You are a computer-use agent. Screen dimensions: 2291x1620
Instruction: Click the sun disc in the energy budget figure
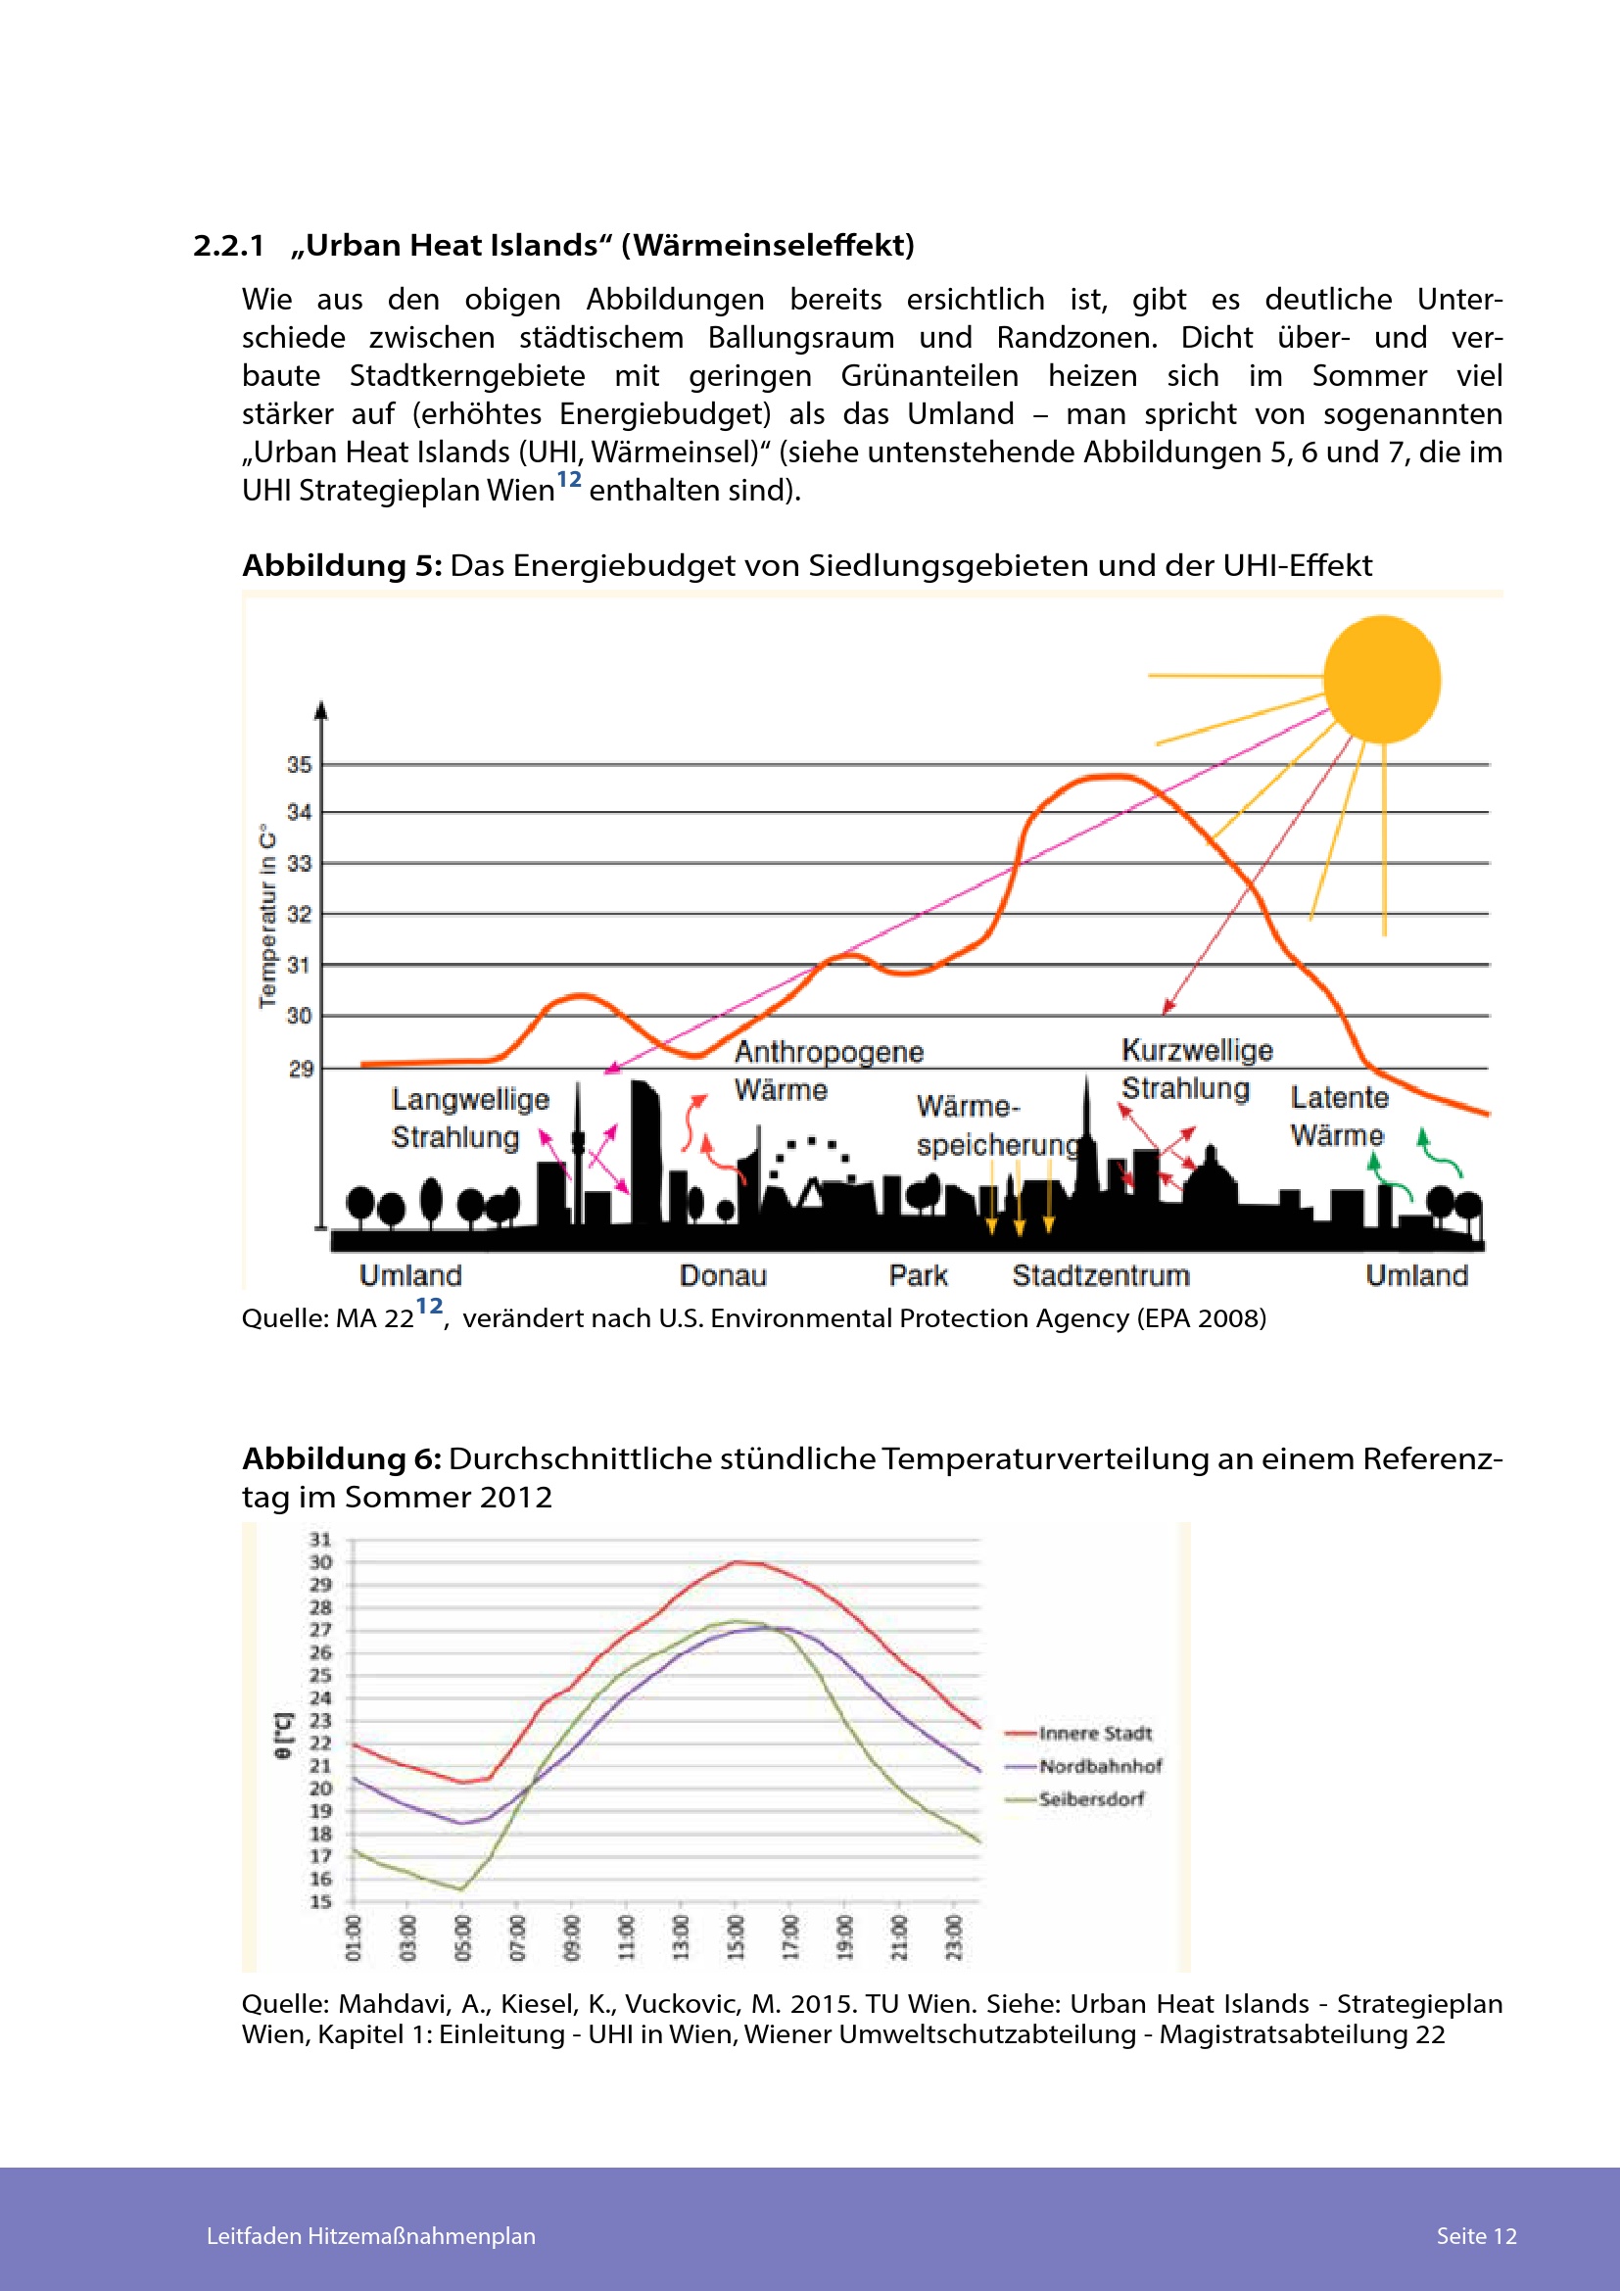pyautogui.click(x=1382, y=680)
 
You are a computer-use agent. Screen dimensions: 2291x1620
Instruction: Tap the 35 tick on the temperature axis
pyautogui.click(x=300, y=765)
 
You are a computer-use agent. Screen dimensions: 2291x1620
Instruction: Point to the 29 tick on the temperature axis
pyautogui.click(x=301, y=1070)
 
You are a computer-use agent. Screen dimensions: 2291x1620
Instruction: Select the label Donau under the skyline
pyautogui.click(x=723, y=1275)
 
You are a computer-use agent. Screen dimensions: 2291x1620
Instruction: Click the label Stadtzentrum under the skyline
pyautogui.click(x=1100, y=1275)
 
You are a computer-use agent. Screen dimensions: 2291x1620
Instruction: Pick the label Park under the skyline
pyautogui.click(x=918, y=1275)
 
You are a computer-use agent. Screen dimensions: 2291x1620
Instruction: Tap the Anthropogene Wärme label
pyautogui.click(x=829, y=1071)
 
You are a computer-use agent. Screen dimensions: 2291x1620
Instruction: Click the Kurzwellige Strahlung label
pyautogui.click(x=1196, y=1069)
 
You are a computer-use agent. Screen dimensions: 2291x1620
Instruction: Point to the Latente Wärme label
pyautogui.click(x=1338, y=1117)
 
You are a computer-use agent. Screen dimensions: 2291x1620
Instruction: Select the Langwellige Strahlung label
pyautogui.click(x=470, y=1119)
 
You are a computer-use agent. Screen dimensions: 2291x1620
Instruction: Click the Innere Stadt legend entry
pyautogui.click(x=1094, y=1734)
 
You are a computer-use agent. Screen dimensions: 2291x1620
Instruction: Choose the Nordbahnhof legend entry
pyautogui.click(x=1099, y=1766)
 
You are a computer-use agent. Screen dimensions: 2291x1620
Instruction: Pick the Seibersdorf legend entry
pyautogui.click(x=1091, y=1799)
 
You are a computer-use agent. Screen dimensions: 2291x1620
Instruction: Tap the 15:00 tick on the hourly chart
pyautogui.click(x=737, y=1936)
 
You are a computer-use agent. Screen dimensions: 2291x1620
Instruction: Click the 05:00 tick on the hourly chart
pyautogui.click(x=462, y=1936)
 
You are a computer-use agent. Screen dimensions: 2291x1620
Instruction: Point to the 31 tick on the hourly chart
pyautogui.click(x=320, y=1540)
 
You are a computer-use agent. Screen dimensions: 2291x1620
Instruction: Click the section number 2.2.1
pyautogui.click(x=228, y=246)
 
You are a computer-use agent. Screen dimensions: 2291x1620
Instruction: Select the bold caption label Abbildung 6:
pyautogui.click(x=341, y=1458)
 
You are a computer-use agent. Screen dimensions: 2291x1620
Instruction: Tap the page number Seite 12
pyautogui.click(x=1475, y=2236)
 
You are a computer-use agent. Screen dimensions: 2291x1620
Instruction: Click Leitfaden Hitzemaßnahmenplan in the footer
pyautogui.click(x=371, y=2236)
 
